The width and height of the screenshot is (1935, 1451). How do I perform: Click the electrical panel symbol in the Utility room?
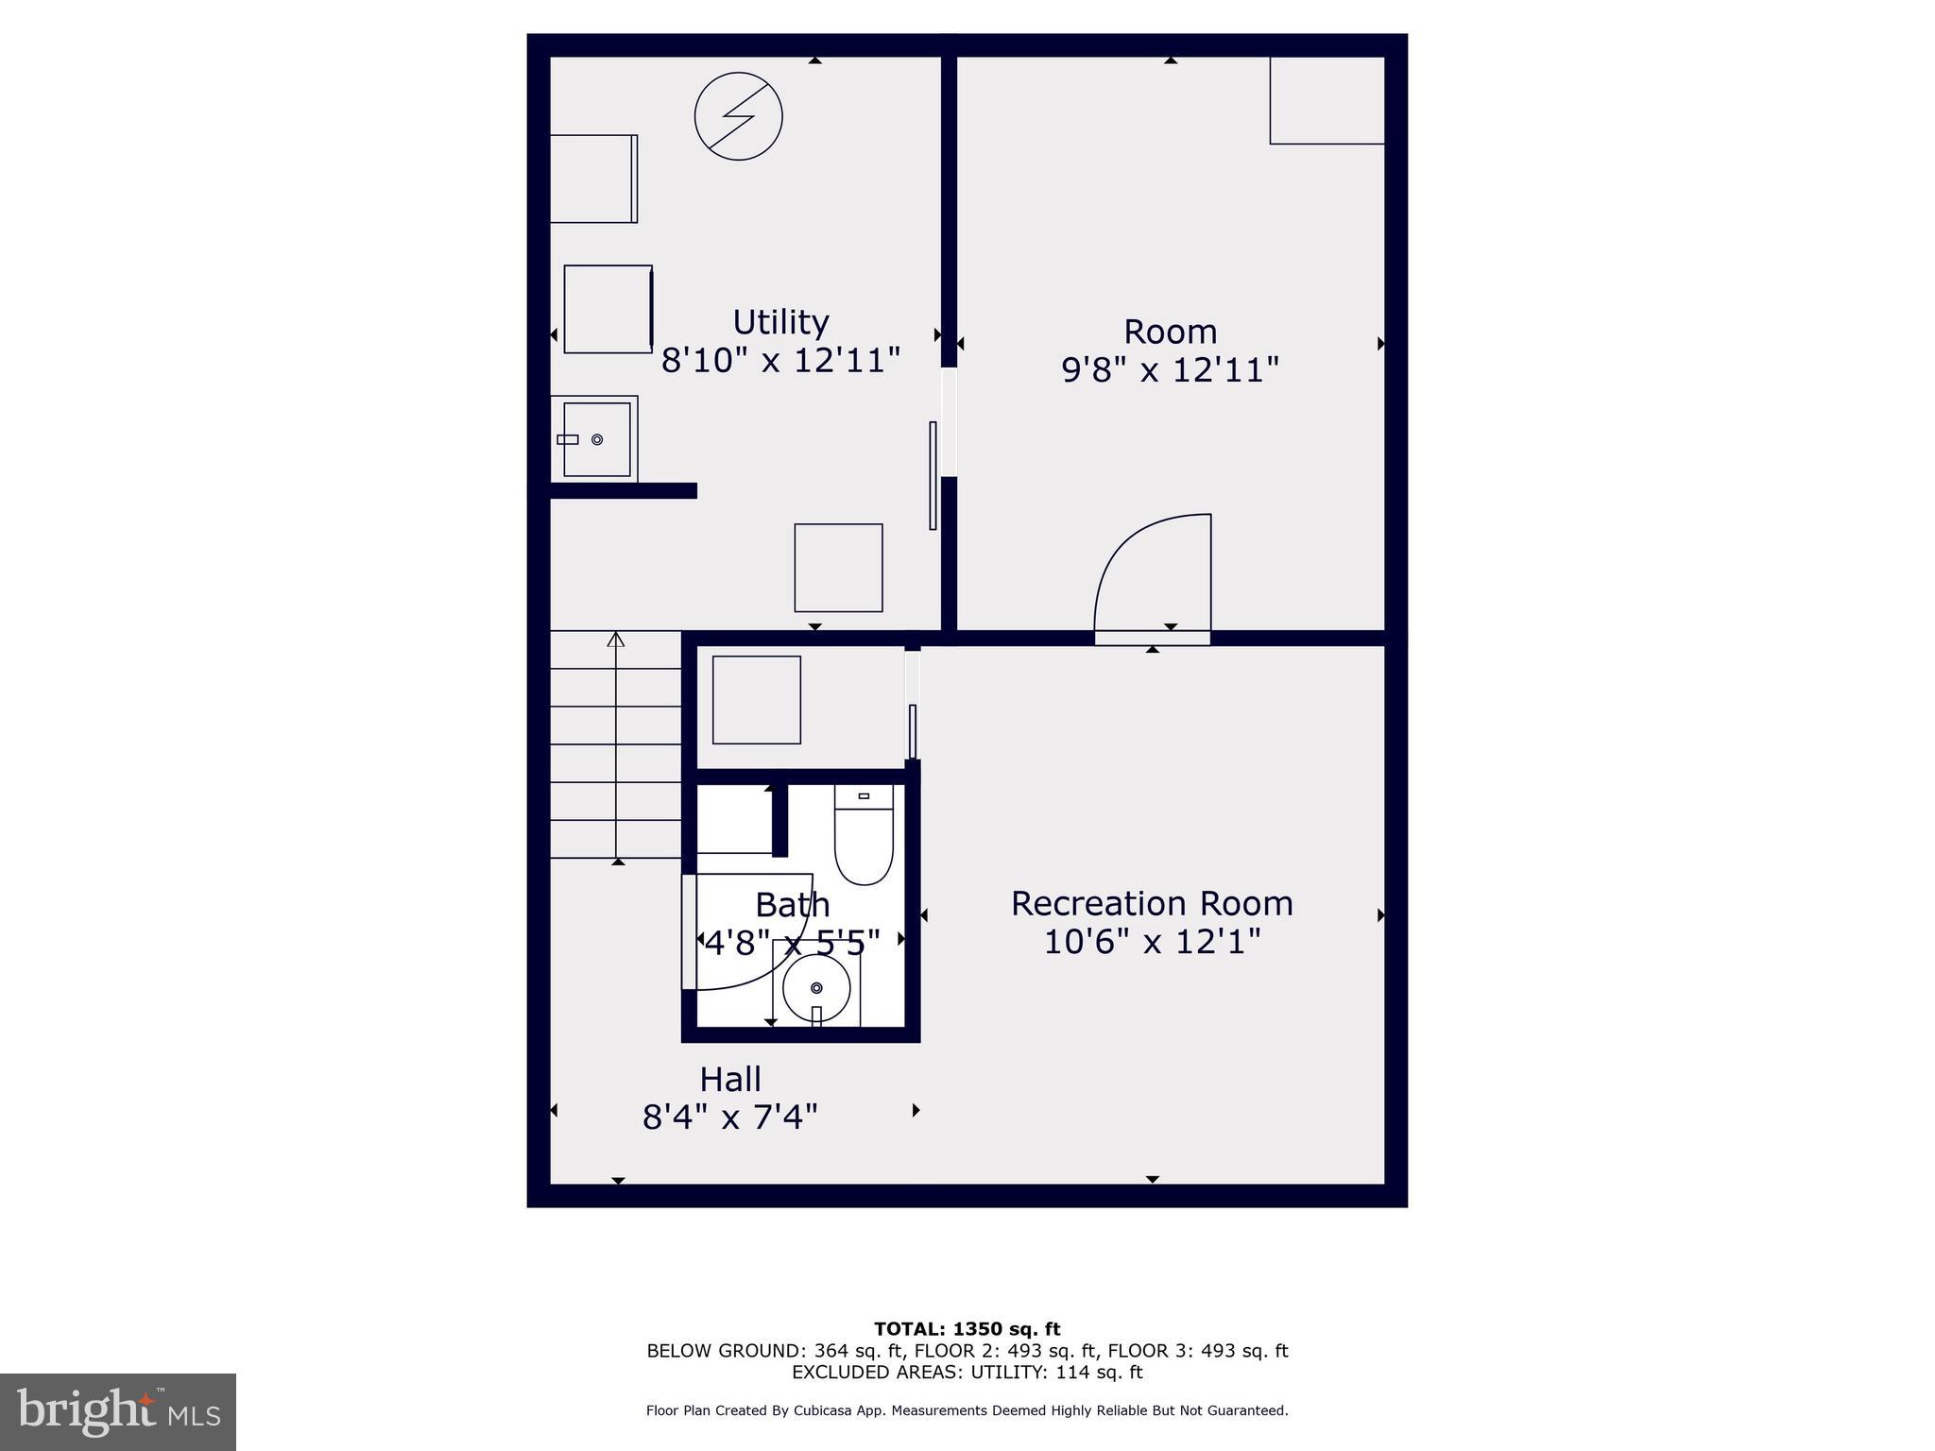tap(738, 116)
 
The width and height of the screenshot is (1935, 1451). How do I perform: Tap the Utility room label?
tap(780, 322)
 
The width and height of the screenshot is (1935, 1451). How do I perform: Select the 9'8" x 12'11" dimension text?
tap(1170, 369)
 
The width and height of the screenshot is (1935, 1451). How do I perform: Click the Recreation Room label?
tap(1151, 903)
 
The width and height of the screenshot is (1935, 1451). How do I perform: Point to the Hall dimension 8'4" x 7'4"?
tap(729, 1118)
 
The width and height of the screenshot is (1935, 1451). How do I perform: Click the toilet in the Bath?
tap(864, 836)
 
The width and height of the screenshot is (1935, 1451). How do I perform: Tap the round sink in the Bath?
tap(816, 988)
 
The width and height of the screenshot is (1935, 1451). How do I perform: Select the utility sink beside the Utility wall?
tap(596, 439)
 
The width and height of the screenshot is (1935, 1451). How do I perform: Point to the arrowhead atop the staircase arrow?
tap(616, 640)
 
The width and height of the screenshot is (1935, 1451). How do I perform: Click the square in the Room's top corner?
tap(1327, 100)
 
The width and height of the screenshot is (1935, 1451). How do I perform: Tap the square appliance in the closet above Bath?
tap(756, 700)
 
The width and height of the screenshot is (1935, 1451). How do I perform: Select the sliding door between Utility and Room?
tap(933, 474)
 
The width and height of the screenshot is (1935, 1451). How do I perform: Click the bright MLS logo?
tap(118, 1412)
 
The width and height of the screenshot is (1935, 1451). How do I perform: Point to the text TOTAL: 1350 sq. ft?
tap(967, 1329)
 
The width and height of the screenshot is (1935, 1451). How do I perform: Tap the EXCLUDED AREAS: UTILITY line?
tap(967, 1372)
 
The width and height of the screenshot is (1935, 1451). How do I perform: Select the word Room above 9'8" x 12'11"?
tap(1170, 332)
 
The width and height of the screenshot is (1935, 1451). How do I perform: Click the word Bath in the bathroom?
tap(792, 905)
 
